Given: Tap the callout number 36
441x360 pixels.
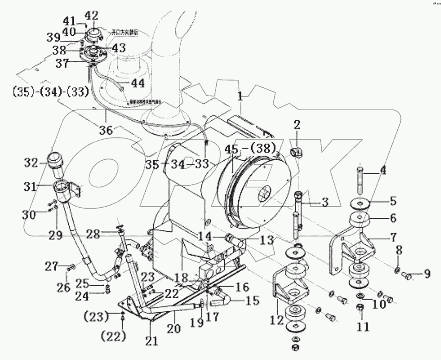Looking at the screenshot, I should (106, 131).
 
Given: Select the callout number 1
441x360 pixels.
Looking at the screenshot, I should (240, 96).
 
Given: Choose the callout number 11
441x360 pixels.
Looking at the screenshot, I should (363, 327).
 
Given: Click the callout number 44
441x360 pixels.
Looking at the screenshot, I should (137, 83).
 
